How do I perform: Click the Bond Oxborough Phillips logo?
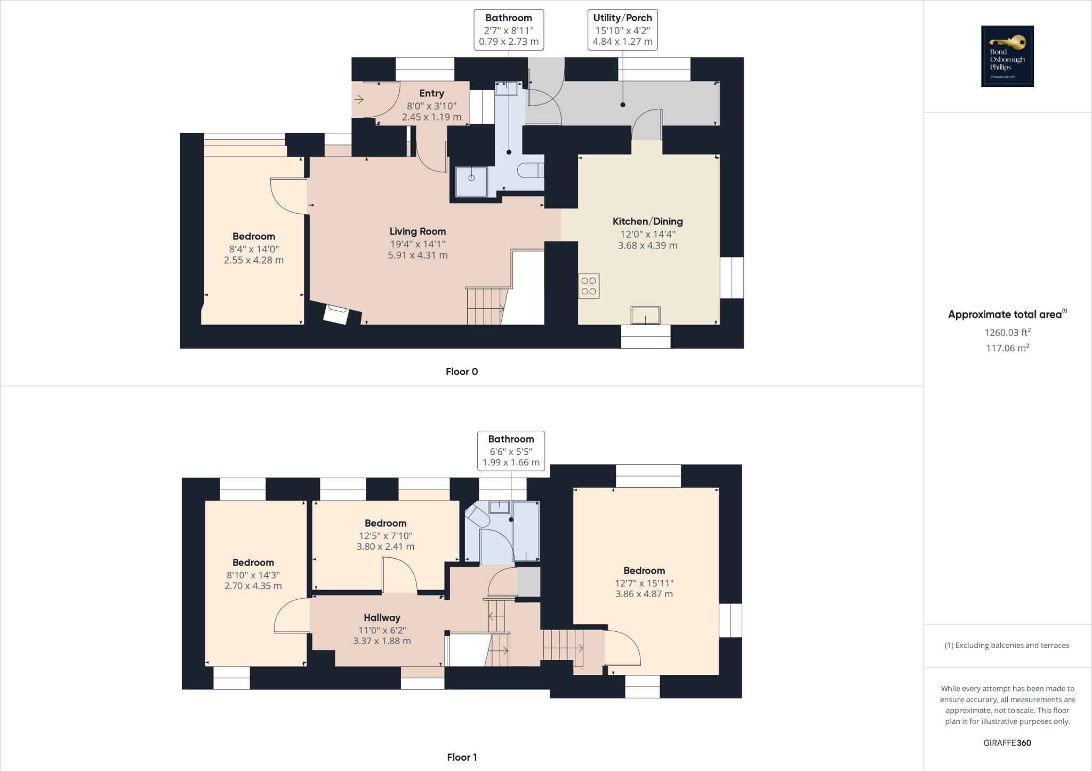1007,56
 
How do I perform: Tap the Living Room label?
417,231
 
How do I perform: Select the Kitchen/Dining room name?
647,221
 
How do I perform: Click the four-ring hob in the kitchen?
589,286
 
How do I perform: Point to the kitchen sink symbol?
645,315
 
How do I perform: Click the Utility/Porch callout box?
622,30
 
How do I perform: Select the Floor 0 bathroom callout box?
509,30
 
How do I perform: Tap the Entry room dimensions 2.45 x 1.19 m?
431,117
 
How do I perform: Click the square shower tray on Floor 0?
471,181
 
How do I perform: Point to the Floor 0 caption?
462,372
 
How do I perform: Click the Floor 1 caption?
462,757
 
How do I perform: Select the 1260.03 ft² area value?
1007,332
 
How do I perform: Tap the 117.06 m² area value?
1007,348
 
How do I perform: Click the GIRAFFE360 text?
1007,743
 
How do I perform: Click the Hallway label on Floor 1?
382,617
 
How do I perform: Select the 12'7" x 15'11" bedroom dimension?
644,583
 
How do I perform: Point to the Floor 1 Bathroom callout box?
511,451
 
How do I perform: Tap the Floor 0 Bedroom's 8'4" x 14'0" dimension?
254,249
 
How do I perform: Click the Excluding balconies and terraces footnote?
1007,645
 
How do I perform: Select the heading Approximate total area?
1006,315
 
